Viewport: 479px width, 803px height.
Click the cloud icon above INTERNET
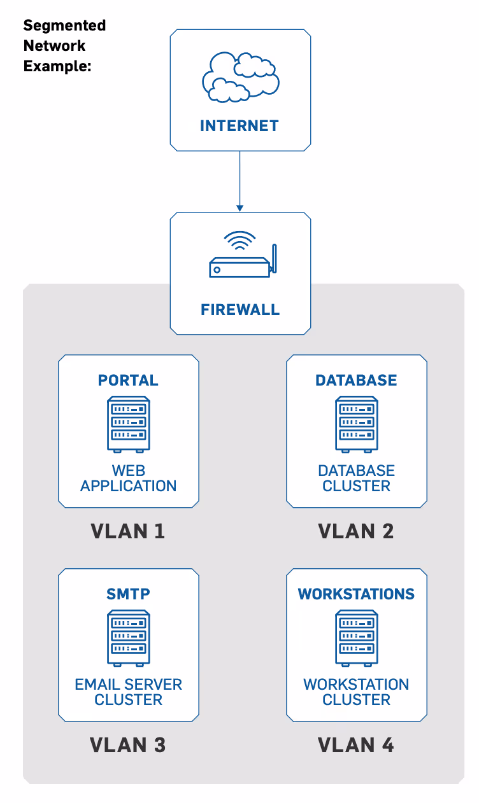pyautogui.click(x=240, y=77)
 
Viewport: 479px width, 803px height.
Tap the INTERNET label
pyautogui.click(x=240, y=126)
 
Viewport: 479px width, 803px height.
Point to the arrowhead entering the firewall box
pyautogui.click(x=240, y=208)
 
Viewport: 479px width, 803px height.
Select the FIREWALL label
pyautogui.click(x=240, y=310)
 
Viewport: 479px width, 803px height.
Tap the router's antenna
pyautogui.click(x=274, y=258)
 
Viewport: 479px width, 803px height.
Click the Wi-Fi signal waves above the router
pyautogui.click(x=240, y=240)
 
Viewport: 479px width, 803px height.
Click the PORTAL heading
pyautogui.click(x=128, y=381)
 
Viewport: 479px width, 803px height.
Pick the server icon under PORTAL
pyautogui.click(x=129, y=424)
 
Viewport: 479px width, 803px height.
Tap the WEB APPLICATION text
pyautogui.click(x=129, y=478)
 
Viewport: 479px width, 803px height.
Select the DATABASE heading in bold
pyautogui.click(x=356, y=381)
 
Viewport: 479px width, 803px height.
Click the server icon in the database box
pyautogui.click(x=357, y=424)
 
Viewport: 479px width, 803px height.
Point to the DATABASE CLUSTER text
pyautogui.click(x=356, y=478)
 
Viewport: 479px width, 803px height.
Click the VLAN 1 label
pyautogui.click(x=128, y=531)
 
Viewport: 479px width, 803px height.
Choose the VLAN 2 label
pyautogui.click(x=356, y=531)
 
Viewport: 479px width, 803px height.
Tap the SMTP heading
pyautogui.click(x=128, y=594)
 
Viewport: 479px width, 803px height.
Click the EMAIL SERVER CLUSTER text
pyautogui.click(x=129, y=692)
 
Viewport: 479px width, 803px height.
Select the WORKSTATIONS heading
pyautogui.click(x=356, y=594)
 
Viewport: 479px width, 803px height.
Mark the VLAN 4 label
pyautogui.click(x=356, y=745)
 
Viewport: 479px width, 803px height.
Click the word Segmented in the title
pyautogui.click(x=64, y=26)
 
